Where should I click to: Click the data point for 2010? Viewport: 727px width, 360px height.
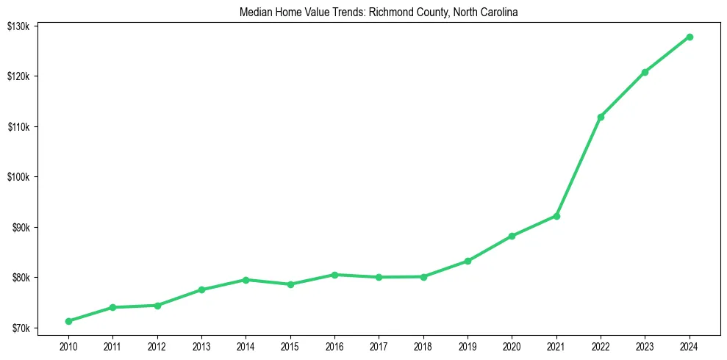click(68, 321)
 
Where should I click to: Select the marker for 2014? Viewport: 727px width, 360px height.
click(246, 280)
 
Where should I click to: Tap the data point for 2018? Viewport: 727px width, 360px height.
click(423, 277)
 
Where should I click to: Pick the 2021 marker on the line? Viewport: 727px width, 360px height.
click(556, 216)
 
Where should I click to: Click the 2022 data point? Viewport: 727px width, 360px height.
click(601, 117)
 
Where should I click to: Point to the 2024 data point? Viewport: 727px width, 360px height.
click(690, 37)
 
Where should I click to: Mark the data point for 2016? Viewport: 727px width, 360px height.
click(334, 275)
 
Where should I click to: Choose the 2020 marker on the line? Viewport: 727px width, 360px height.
click(512, 236)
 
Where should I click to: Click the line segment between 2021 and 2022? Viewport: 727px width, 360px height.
click(579, 167)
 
